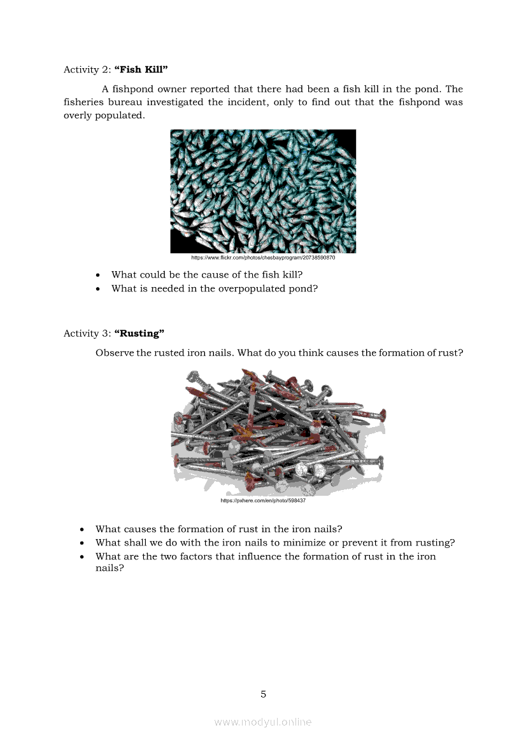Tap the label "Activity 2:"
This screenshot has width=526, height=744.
point(87,69)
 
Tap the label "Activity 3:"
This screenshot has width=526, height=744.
point(87,333)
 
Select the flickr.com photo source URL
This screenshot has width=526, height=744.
point(263,258)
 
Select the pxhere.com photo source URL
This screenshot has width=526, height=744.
point(263,501)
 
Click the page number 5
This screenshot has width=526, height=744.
point(263,694)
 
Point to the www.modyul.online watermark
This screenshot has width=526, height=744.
point(263,722)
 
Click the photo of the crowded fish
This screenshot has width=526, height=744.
point(263,191)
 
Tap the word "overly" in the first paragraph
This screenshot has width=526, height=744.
point(77,116)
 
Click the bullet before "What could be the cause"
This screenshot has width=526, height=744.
point(97,276)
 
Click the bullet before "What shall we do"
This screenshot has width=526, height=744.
point(82,544)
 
